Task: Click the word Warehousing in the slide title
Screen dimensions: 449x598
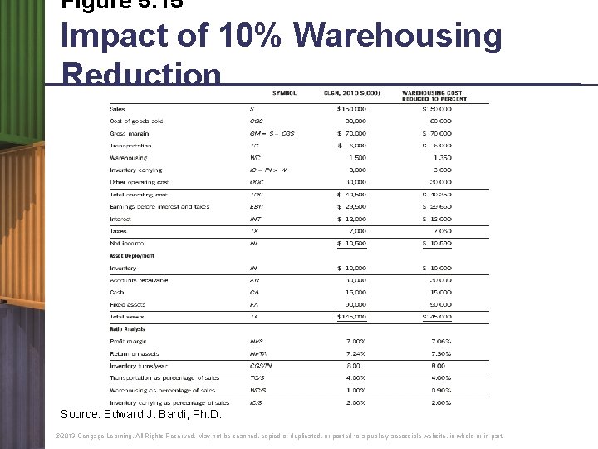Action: (x=399, y=37)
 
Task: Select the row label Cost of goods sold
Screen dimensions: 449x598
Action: (x=136, y=121)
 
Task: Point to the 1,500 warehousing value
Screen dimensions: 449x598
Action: (x=358, y=157)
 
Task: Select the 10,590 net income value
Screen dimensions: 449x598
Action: (x=439, y=243)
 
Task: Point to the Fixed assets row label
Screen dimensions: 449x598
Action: (x=127, y=304)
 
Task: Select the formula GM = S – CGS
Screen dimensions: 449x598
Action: (x=272, y=133)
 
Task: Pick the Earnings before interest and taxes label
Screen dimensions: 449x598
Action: (x=159, y=206)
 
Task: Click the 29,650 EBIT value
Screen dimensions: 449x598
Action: (x=437, y=206)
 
